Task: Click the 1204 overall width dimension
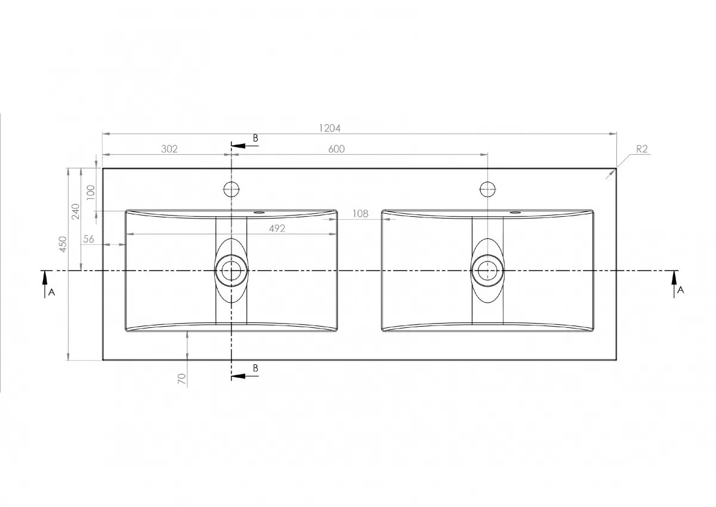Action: (329, 128)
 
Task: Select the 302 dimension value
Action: (169, 149)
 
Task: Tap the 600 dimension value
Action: (337, 149)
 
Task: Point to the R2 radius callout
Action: (642, 149)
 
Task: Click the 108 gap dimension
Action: (360, 214)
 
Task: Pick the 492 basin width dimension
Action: (277, 228)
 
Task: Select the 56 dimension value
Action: (88, 239)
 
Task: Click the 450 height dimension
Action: (63, 244)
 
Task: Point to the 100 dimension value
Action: (91, 192)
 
